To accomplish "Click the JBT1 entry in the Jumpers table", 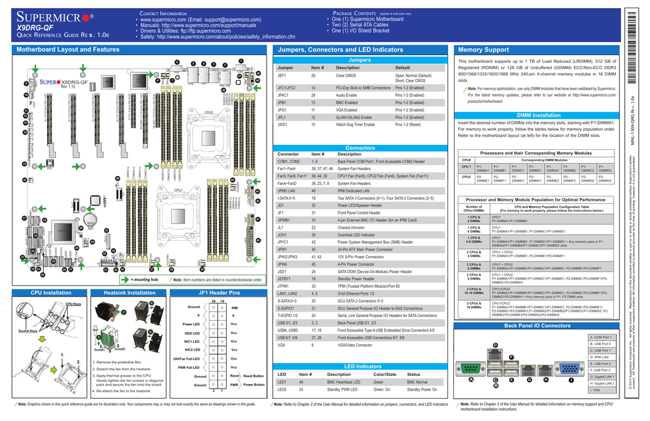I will point(282,76).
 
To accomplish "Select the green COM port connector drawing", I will point(472,370).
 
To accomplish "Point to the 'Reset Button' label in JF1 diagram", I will point(253,376).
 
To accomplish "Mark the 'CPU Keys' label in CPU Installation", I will point(74,304).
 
